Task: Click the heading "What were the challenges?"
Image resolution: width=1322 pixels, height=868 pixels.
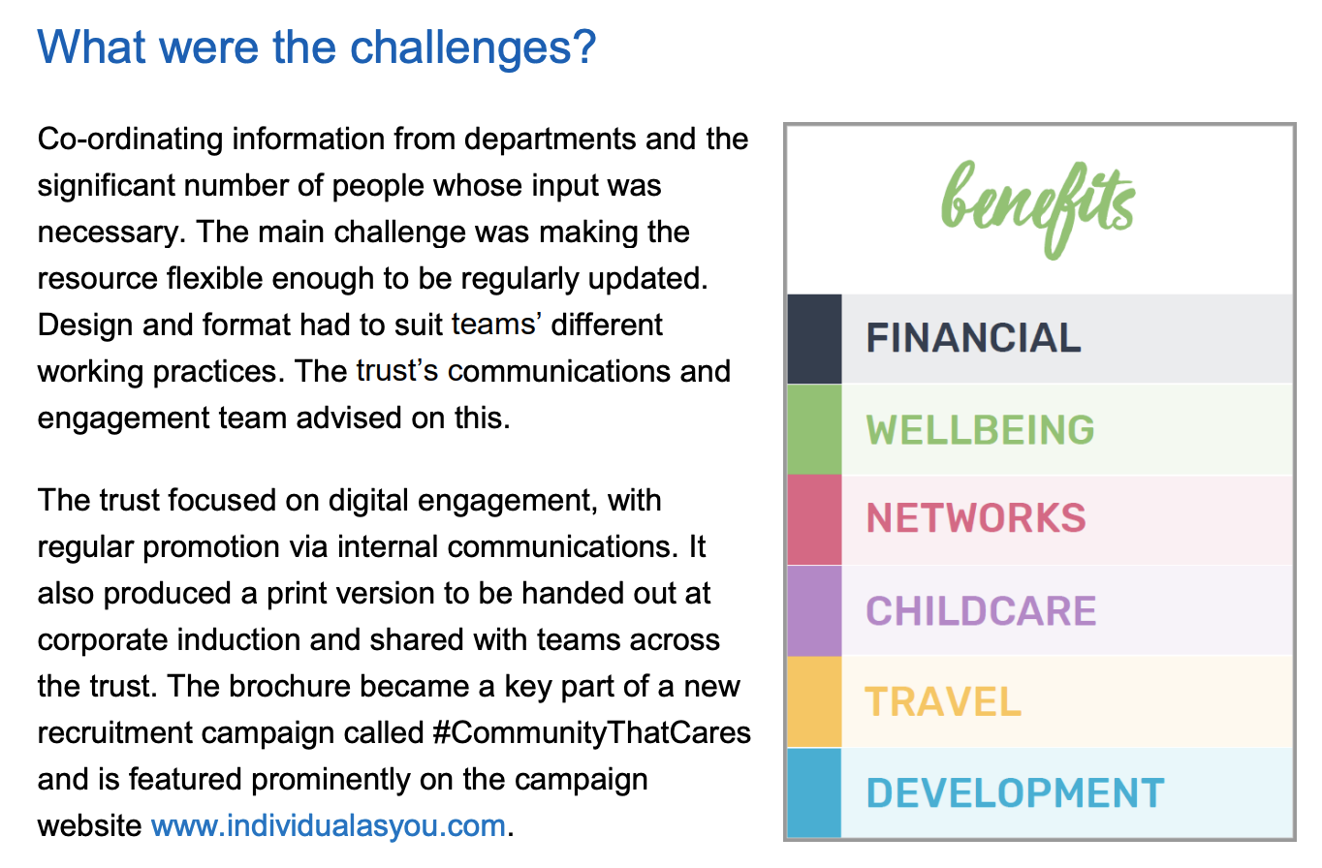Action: pos(317,46)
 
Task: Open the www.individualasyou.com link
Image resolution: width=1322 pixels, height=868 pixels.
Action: pos(329,826)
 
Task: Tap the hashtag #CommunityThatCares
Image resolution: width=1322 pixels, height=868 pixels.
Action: pos(591,732)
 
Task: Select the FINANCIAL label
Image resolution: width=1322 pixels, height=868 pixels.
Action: pos(973,338)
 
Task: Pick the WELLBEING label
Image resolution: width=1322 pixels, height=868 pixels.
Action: pos(980,430)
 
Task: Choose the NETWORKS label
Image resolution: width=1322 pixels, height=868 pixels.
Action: pos(976,519)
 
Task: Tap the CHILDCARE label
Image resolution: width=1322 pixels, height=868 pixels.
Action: pos(981,611)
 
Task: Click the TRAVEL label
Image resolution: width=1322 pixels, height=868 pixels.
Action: pos(943,701)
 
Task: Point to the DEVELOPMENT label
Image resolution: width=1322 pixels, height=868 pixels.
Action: pos(1015,793)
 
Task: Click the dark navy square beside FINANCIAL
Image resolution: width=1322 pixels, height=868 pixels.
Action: pos(814,339)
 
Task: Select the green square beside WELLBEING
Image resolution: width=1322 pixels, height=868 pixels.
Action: pos(814,430)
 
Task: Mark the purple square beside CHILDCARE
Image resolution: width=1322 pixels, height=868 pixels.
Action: pos(814,611)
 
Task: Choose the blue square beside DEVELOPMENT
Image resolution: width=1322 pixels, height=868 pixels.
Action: pos(814,792)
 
